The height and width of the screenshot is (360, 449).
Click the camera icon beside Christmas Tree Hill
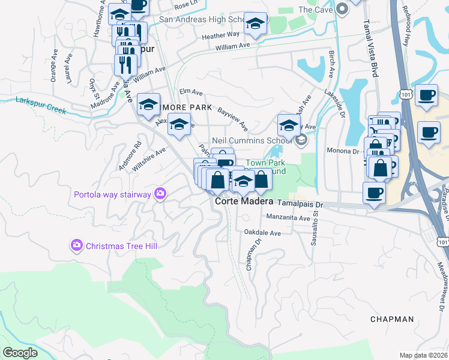click(x=77, y=245)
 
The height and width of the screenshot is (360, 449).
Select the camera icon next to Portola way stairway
click(x=160, y=193)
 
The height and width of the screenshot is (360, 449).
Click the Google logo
click(x=20, y=353)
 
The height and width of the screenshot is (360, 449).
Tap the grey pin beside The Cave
click(x=342, y=9)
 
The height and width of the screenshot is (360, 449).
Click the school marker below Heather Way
click(x=256, y=25)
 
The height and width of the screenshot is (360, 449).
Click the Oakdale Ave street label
click(x=262, y=233)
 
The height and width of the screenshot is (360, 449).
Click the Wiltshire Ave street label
click(x=148, y=160)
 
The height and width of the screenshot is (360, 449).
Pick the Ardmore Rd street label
click(x=129, y=155)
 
